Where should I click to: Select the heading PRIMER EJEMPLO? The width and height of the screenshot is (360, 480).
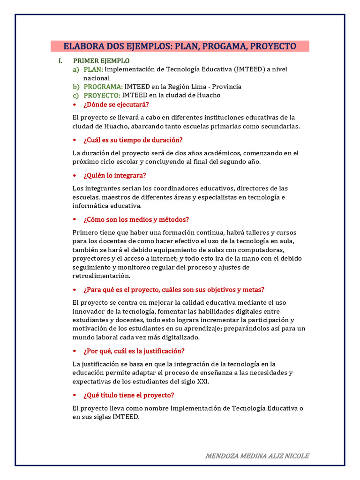[101, 61]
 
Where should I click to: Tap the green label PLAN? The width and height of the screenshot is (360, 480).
[93, 69]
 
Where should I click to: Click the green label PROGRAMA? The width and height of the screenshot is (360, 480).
[103, 87]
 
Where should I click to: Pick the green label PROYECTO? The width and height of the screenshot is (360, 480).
[102, 95]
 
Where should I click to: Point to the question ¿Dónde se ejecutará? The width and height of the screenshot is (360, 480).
[116, 104]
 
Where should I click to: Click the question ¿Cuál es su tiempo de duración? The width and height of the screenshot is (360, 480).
[133, 140]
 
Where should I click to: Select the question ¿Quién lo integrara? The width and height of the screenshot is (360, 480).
[114, 175]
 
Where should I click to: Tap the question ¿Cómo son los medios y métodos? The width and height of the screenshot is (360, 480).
[136, 219]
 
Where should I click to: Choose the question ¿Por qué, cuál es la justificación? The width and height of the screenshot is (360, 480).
[134, 351]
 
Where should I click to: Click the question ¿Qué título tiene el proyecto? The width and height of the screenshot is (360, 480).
[128, 395]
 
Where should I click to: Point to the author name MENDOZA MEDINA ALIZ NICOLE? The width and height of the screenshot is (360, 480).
[257, 456]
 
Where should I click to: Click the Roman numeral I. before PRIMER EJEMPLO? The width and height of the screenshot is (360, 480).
[60, 61]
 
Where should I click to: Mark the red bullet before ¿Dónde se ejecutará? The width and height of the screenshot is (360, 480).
[75, 104]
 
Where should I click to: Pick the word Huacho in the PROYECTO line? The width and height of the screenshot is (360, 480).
[208, 95]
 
